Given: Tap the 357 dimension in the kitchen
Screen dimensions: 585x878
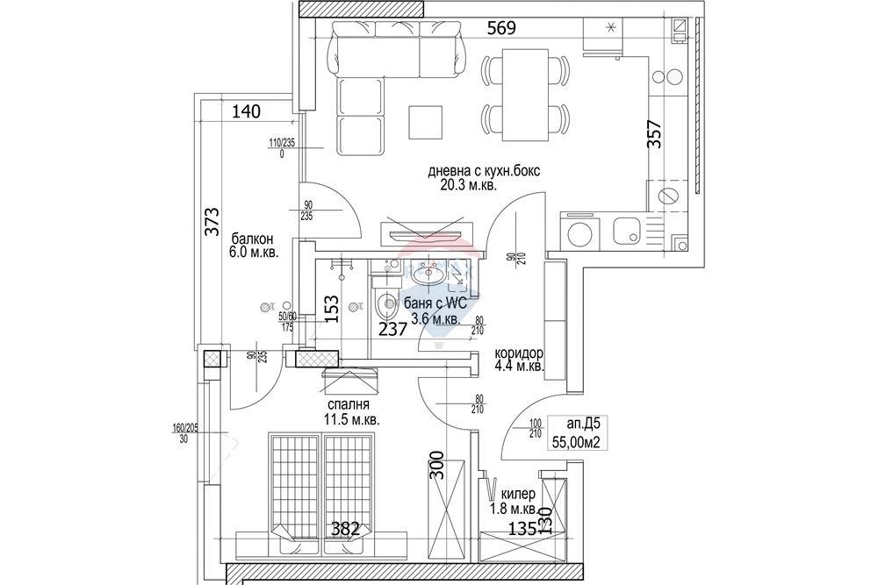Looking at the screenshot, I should click(x=654, y=135).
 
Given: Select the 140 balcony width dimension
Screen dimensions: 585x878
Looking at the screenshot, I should click(x=247, y=111).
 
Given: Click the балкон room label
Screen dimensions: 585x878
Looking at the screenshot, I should click(x=253, y=239).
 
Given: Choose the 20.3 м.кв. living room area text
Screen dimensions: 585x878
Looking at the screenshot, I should click(x=475, y=185).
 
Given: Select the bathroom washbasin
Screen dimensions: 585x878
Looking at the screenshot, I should click(x=431, y=274).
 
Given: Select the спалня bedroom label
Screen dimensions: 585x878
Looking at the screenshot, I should click(x=348, y=406).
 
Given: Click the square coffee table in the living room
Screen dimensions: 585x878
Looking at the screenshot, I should click(x=427, y=122).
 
